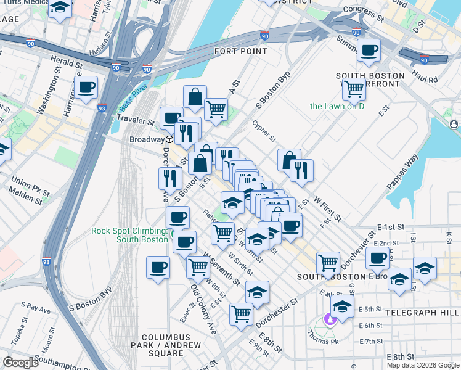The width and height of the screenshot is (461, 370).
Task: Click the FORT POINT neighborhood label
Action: coord(240,51)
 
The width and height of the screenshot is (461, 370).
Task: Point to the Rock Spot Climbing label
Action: coord(129,235)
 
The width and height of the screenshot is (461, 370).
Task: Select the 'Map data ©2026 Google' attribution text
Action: coord(423,365)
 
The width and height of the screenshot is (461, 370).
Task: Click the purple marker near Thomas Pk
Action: coord(329,319)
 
